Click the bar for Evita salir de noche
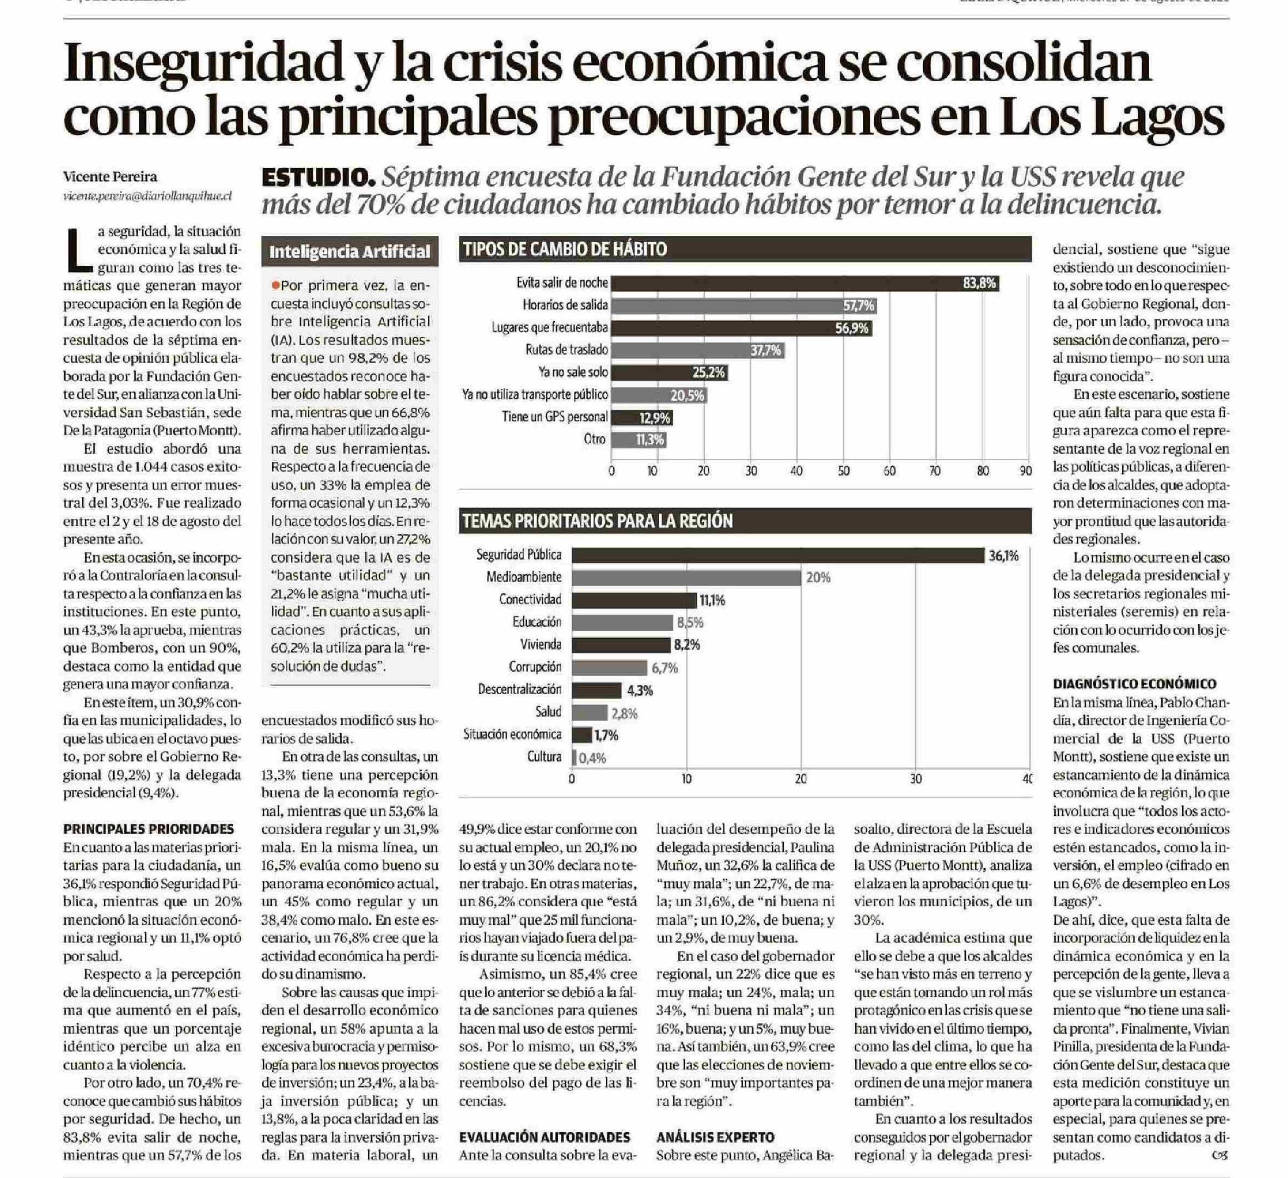805,283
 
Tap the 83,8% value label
979,283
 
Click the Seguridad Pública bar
777,556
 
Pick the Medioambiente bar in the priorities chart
686,578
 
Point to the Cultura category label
544,758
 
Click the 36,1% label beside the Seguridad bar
1004,556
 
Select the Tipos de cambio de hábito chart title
565,249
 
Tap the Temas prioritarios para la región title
597,522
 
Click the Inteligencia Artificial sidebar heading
349,252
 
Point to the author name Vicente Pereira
110,176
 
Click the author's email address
147,196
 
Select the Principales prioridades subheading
149,829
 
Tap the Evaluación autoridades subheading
544,1137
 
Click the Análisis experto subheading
715,1137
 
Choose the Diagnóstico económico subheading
1134,684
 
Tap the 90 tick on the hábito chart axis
1026,471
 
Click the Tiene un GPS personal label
555,417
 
